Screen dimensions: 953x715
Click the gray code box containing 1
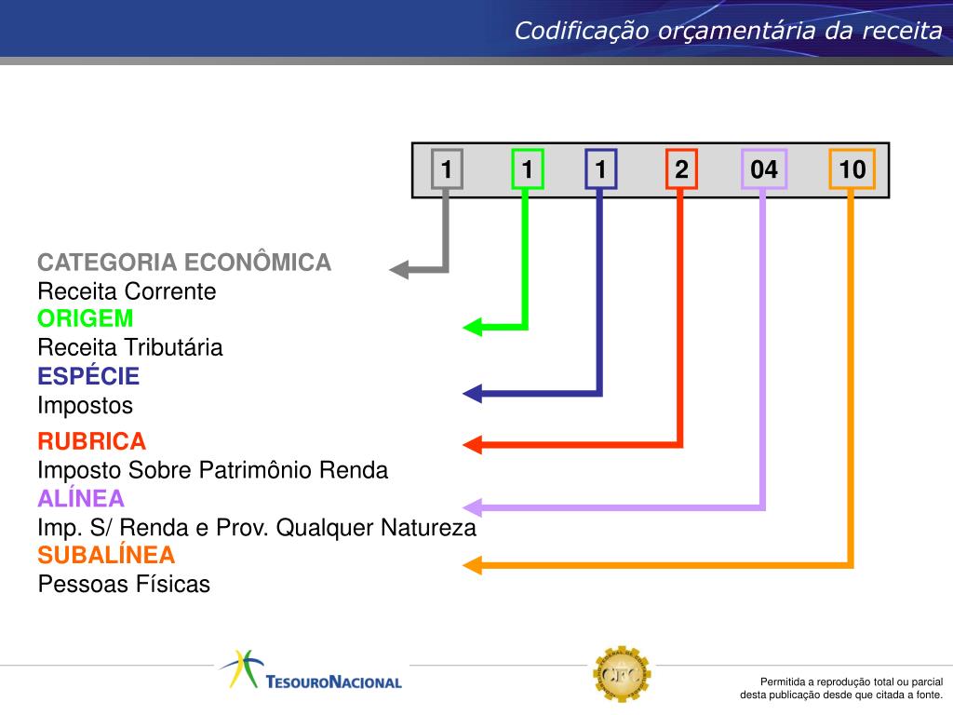(447, 169)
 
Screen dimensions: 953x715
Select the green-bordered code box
(527, 169)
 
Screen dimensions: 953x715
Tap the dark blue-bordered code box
(600, 169)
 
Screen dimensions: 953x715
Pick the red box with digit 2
(681, 169)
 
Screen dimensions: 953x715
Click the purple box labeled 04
(764, 169)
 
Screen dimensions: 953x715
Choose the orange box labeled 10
(852, 169)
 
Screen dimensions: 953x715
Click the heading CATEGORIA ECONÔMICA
(184, 263)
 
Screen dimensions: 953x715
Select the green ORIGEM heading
(85, 318)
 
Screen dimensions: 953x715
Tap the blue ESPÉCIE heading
(88, 376)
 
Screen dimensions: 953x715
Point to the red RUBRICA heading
(92, 441)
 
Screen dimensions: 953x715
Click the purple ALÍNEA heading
(81, 499)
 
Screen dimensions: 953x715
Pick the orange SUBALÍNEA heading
(106, 555)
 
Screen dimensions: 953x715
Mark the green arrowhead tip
(463, 327)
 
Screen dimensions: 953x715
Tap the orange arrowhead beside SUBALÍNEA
(472, 565)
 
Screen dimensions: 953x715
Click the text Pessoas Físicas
(124, 585)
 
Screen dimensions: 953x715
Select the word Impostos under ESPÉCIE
(85, 406)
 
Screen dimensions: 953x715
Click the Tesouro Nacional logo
(311, 670)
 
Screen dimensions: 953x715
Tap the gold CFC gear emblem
(622, 674)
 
